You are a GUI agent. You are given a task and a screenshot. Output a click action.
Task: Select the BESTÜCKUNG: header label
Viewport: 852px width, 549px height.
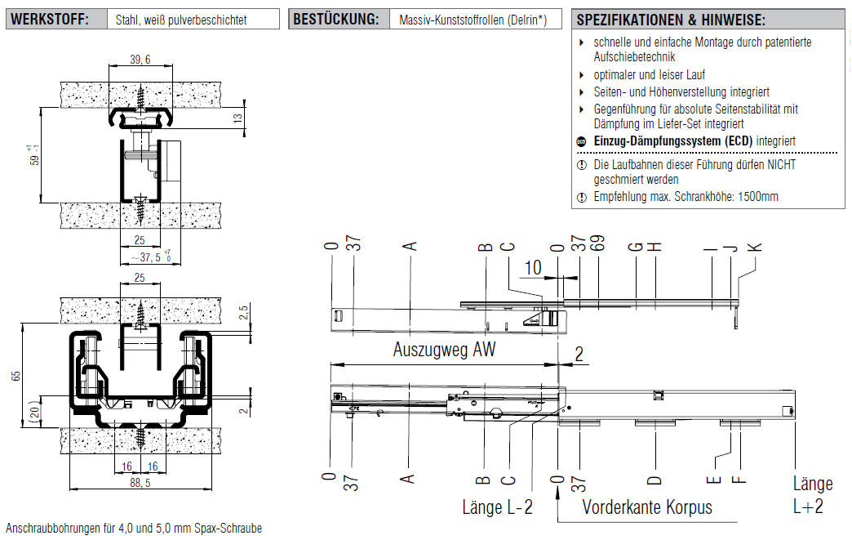tap(335, 19)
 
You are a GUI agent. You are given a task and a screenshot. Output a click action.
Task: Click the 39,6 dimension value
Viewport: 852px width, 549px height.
tap(140, 60)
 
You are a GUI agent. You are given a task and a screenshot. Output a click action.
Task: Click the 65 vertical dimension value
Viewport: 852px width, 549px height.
tap(15, 376)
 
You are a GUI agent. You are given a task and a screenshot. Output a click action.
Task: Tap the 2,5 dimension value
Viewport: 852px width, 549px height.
tap(244, 313)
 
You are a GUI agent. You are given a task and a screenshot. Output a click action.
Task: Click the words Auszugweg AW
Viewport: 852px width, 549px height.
tap(444, 350)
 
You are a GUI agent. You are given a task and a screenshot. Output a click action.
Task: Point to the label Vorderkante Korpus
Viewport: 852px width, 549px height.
tap(646, 507)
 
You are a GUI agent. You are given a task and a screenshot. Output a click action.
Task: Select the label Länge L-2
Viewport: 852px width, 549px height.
tap(497, 507)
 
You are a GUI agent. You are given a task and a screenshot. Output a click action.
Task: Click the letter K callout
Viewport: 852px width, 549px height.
tap(755, 246)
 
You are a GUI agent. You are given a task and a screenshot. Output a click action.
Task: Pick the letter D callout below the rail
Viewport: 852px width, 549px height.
tap(655, 479)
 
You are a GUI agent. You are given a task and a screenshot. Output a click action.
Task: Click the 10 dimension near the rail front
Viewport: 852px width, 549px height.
tap(532, 267)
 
